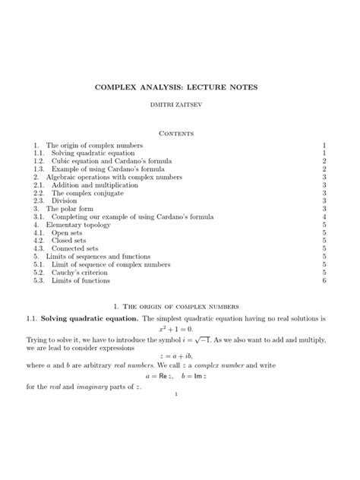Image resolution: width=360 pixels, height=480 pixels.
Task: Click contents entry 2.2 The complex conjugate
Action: [78, 193]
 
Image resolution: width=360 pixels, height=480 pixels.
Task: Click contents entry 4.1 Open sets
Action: [55, 232]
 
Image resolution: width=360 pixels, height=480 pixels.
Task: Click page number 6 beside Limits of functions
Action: [324, 280]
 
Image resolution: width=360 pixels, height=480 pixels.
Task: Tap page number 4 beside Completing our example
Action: [324, 216]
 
